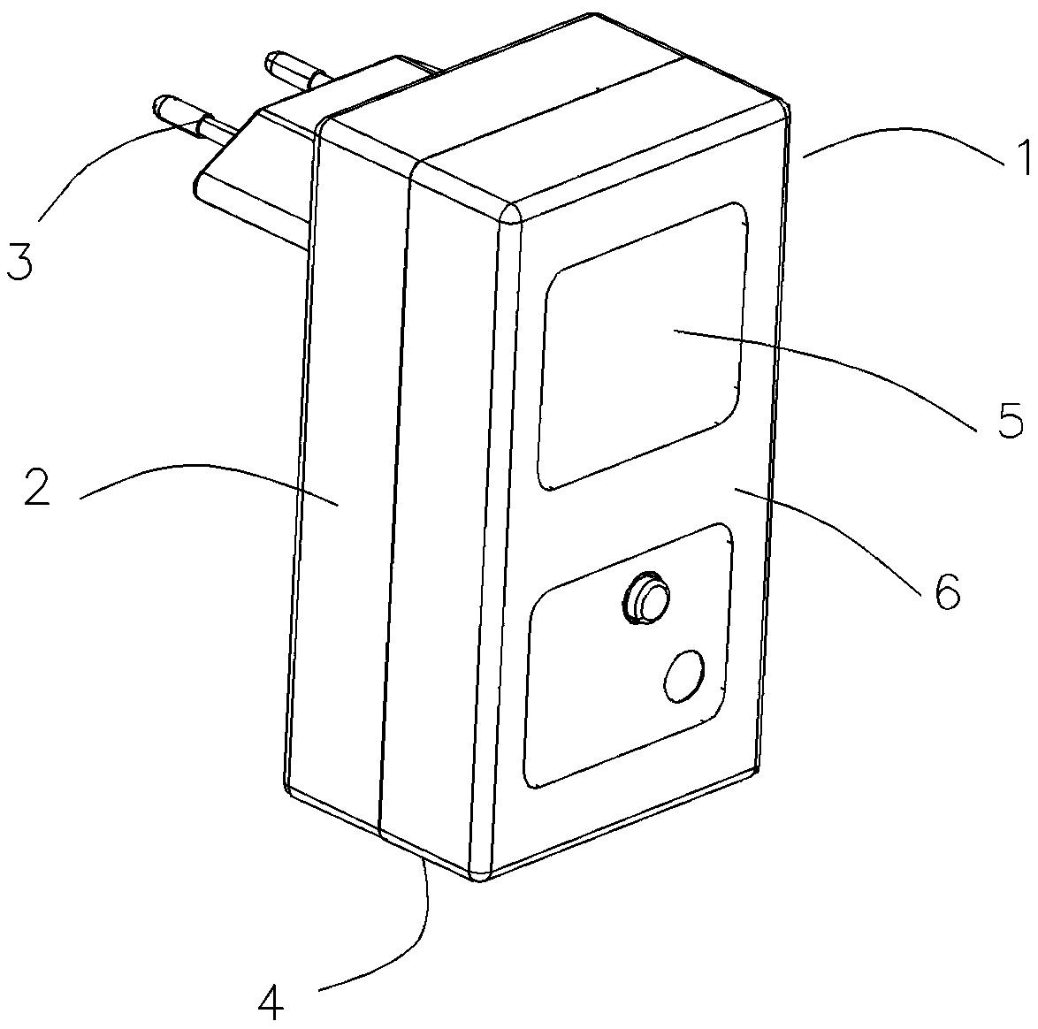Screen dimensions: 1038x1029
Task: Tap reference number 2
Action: (37, 485)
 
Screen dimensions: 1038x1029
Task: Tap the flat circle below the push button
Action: (683, 675)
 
